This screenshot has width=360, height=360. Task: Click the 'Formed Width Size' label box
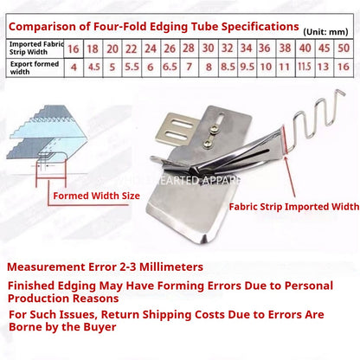[95, 196]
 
